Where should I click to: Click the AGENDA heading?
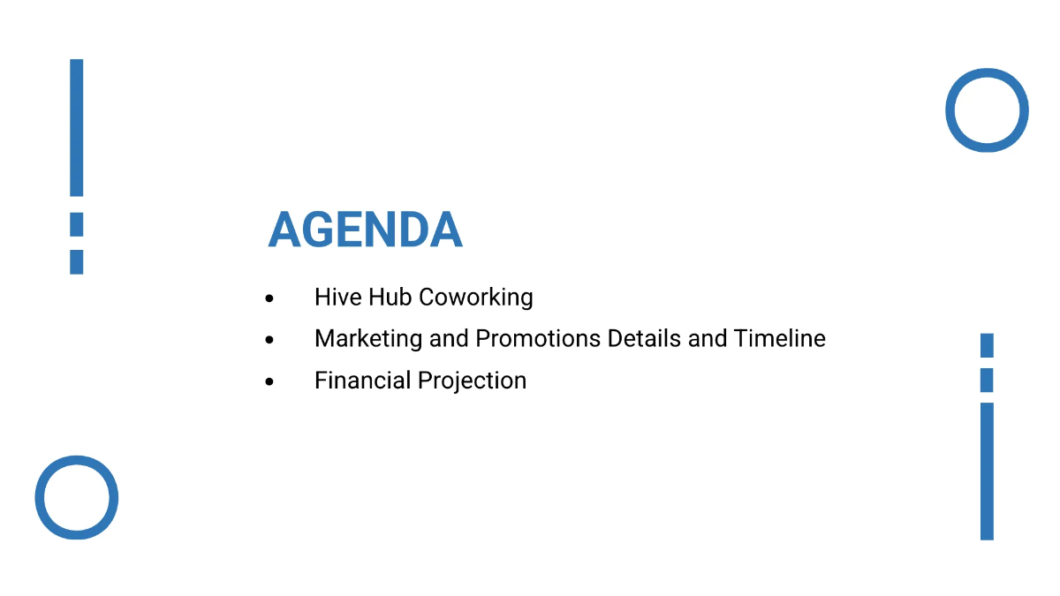point(365,230)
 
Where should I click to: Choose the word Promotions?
point(538,339)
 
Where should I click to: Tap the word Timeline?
point(779,338)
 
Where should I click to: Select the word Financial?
point(362,381)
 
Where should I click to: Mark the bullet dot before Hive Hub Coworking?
point(269,298)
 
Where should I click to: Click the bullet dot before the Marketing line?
point(269,340)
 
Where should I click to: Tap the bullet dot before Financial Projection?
point(269,382)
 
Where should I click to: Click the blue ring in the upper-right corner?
point(987,110)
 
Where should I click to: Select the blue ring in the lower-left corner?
point(77,497)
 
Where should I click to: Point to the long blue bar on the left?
point(77,127)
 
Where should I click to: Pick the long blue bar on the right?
point(987,471)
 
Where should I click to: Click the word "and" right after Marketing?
point(449,338)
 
